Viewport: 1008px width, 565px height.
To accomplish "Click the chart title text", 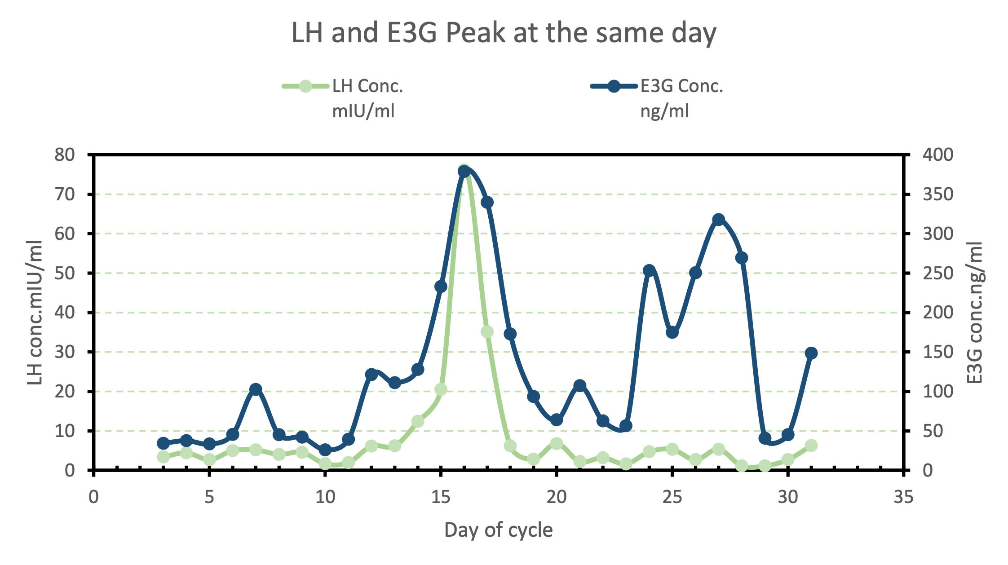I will tap(504, 33).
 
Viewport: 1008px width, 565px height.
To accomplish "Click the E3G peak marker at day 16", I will tap(464, 171).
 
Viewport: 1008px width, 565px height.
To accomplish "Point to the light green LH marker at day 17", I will tap(487, 332).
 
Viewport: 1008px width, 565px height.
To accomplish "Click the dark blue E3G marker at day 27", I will tap(719, 220).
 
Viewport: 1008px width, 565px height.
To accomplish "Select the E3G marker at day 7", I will tap(256, 389).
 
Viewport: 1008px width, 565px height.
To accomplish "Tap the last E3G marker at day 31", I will tap(811, 353).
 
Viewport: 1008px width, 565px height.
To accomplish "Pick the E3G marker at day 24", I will tap(649, 270).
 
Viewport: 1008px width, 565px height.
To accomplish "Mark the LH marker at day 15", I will tap(441, 389).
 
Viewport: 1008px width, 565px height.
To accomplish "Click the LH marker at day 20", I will tap(557, 443).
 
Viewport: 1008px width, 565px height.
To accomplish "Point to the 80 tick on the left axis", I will tap(64, 155).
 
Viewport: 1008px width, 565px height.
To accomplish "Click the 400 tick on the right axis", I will tap(937, 155).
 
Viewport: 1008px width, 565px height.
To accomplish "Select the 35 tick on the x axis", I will tap(903, 498).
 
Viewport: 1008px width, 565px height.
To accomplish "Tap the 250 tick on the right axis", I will tap(937, 274).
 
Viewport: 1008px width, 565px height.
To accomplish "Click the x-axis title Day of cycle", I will tap(498, 530).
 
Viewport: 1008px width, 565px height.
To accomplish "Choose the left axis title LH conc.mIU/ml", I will tap(35, 313).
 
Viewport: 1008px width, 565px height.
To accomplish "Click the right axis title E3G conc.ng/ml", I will tap(975, 313).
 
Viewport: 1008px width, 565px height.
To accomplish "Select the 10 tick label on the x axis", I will tap(325, 498).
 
